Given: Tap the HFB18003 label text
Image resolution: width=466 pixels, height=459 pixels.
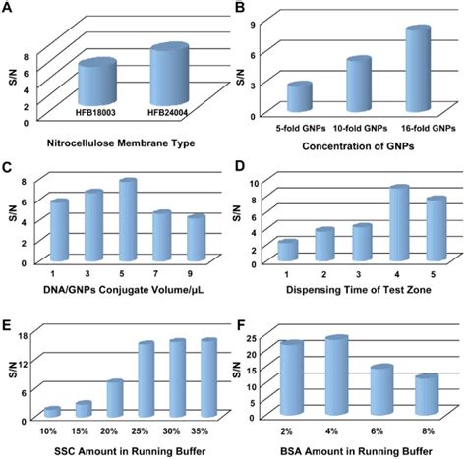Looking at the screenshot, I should pos(97,114).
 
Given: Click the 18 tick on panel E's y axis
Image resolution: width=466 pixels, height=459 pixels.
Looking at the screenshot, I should pos(23,337).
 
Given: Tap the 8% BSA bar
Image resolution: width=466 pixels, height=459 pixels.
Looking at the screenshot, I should pos(425,395).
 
